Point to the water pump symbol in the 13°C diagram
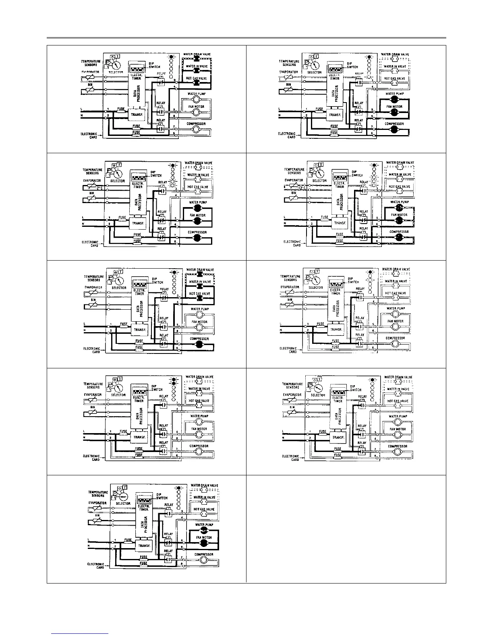tap(399, 208)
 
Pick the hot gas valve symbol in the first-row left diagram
tap(197, 83)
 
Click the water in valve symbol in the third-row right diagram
tap(396, 286)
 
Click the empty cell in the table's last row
tap(346, 528)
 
